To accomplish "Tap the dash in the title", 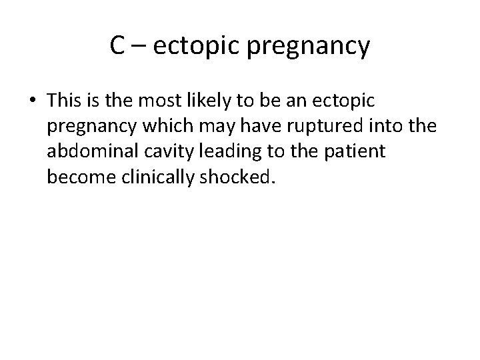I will tap(139, 47).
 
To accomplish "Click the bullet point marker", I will tap(33, 101).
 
